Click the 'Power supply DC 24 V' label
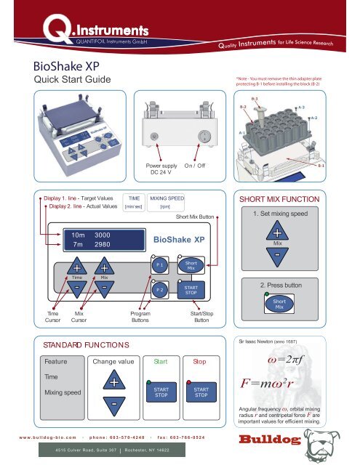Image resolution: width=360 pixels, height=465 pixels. point(155,171)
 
